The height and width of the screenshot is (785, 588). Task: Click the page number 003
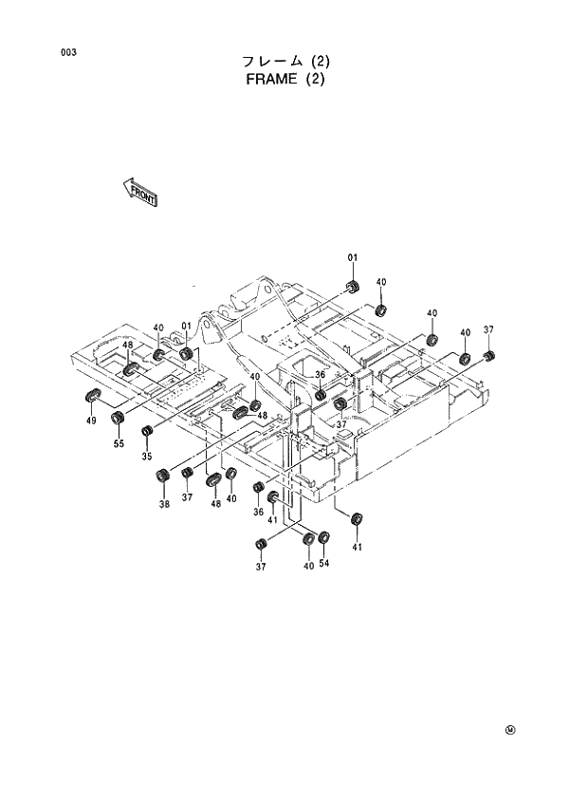pyautogui.click(x=68, y=52)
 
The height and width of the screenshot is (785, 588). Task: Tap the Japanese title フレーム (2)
pyautogui.click(x=285, y=62)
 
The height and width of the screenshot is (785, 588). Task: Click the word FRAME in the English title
pyautogui.click(x=269, y=80)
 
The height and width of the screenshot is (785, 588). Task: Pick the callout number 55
pyautogui.click(x=119, y=442)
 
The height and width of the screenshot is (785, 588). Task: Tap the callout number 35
pyautogui.click(x=147, y=456)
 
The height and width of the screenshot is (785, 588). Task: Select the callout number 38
pyautogui.click(x=164, y=504)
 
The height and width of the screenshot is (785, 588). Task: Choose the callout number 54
pyautogui.click(x=324, y=564)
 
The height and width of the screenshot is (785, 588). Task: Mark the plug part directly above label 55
pyautogui.click(x=119, y=418)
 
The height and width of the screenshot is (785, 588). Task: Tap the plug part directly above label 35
pyautogui.click(x=147, y=434)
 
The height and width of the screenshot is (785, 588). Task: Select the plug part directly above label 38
pyautogui.click(x=164, y=476)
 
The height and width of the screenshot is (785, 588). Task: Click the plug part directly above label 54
pyautogui.click(x=324, y=539)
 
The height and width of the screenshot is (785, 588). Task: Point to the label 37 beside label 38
pyautogui.click(x=188, y=496)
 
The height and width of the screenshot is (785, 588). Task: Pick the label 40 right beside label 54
pyautogui.click(x=308, y=566)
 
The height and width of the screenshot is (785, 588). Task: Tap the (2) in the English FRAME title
pyautogui.click(x=315, y=80)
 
